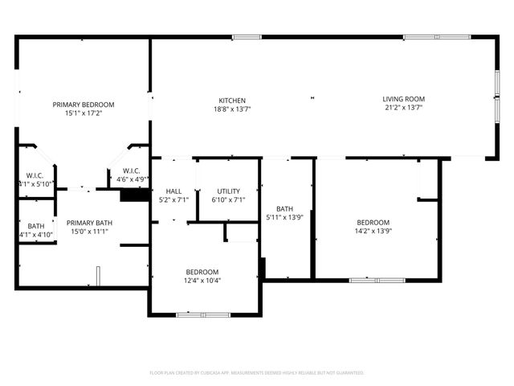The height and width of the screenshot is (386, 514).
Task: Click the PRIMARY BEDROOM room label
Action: pyautogui.click(x=84, y=105)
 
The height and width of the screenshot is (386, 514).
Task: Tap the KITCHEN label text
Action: pyautogui.click(x=232, y=101)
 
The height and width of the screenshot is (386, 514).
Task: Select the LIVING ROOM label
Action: pyautogui.click(x=402, y=99)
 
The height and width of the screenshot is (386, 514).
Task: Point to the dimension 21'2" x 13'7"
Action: pyautogui.click(x=402, y=108)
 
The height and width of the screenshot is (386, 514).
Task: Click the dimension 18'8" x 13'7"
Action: pyautogui.click(x=232, y=109)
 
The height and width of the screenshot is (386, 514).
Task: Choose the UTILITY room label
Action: pyautogui.click(x=228, y=191)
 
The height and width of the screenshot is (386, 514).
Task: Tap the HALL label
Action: pyautogui.click(x=173, y=191)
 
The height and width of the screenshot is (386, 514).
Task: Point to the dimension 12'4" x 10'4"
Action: pyautogui.click(x=203, y=281)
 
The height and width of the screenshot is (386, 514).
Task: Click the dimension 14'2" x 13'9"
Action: pyautogui.click(x=373, y=232)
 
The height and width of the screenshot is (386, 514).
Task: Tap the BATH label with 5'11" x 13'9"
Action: pyautogui.click(x=284, y=209)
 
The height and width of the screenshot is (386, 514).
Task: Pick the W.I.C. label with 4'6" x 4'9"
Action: pyautogui.click(x=132, y=170)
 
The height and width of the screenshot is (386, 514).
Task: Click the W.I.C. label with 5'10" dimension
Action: pyautogui.click(x=35, y=175)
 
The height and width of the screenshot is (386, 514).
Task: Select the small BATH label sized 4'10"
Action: pyautogui.click(x=36, y=226)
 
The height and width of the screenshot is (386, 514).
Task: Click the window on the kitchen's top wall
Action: pyautogui.click(x=247, y=36)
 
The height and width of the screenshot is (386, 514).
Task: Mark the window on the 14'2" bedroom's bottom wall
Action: pyautogui.click(x=377, y=280)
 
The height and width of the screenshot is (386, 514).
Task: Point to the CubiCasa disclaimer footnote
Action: pyautogui.click(x=257, y=373)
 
